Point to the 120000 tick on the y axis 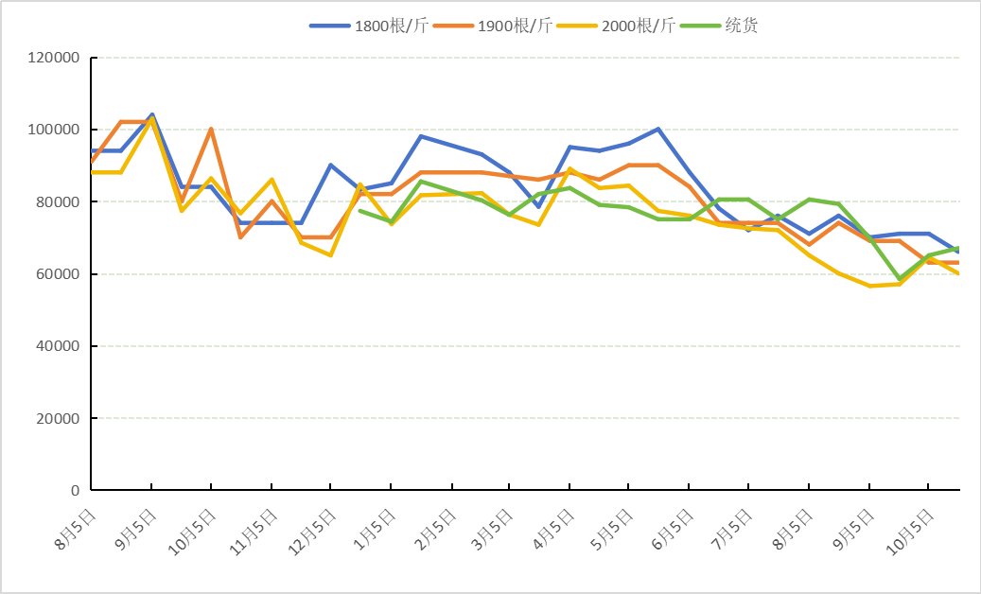point(55,58)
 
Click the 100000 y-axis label point(55,130)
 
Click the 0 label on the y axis point(75,491)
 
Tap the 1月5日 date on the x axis point(377,528)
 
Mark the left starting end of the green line point(359,210)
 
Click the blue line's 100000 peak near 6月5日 point(657,130)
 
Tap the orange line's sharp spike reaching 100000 point(210,130)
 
